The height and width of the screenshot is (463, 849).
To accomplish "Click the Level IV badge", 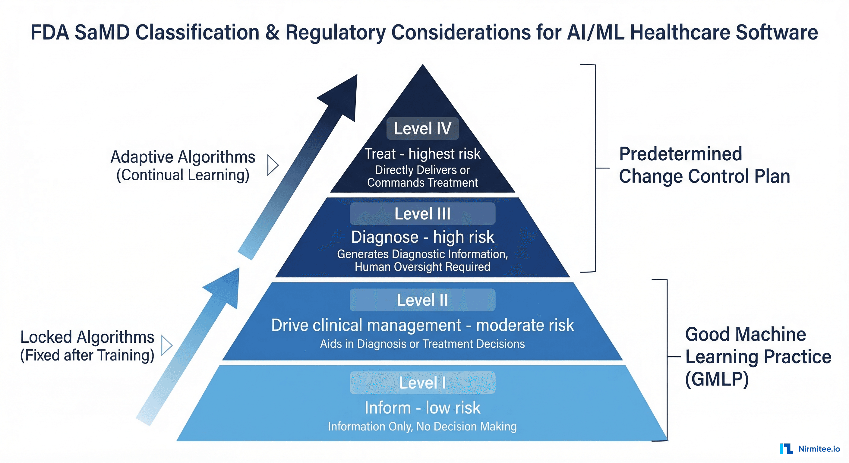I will click(422, 128).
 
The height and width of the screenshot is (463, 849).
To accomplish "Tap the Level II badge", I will click(422, 300).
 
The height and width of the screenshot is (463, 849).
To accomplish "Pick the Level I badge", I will click(422, 383).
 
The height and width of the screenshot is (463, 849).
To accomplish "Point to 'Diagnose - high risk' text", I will click(422, 237).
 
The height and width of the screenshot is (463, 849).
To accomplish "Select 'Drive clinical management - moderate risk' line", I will click(422, 325).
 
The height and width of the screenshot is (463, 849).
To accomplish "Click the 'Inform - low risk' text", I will click(422, 408).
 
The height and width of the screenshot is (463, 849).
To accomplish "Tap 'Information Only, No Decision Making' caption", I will click(422, 427).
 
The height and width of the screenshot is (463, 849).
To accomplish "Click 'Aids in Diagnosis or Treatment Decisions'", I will click(422, 344).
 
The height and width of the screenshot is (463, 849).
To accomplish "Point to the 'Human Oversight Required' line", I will click(422, 266).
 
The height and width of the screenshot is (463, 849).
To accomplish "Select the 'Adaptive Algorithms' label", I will click(183, 157).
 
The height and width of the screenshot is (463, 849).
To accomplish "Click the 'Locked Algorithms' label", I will click(87, 337).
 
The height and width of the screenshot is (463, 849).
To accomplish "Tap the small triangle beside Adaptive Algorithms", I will click(272, 165).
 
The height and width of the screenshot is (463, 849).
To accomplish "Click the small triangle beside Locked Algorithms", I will click(166, 345).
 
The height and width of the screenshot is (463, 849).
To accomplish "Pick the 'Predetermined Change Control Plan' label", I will click(704, 165).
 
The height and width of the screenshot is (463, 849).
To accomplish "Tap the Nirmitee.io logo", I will click(810, 449).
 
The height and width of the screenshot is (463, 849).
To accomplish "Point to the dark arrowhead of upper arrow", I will click(343, 97).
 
